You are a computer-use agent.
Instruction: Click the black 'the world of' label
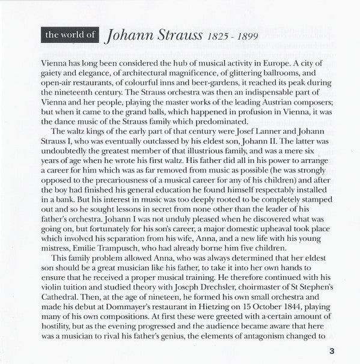(x=70, y=35)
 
